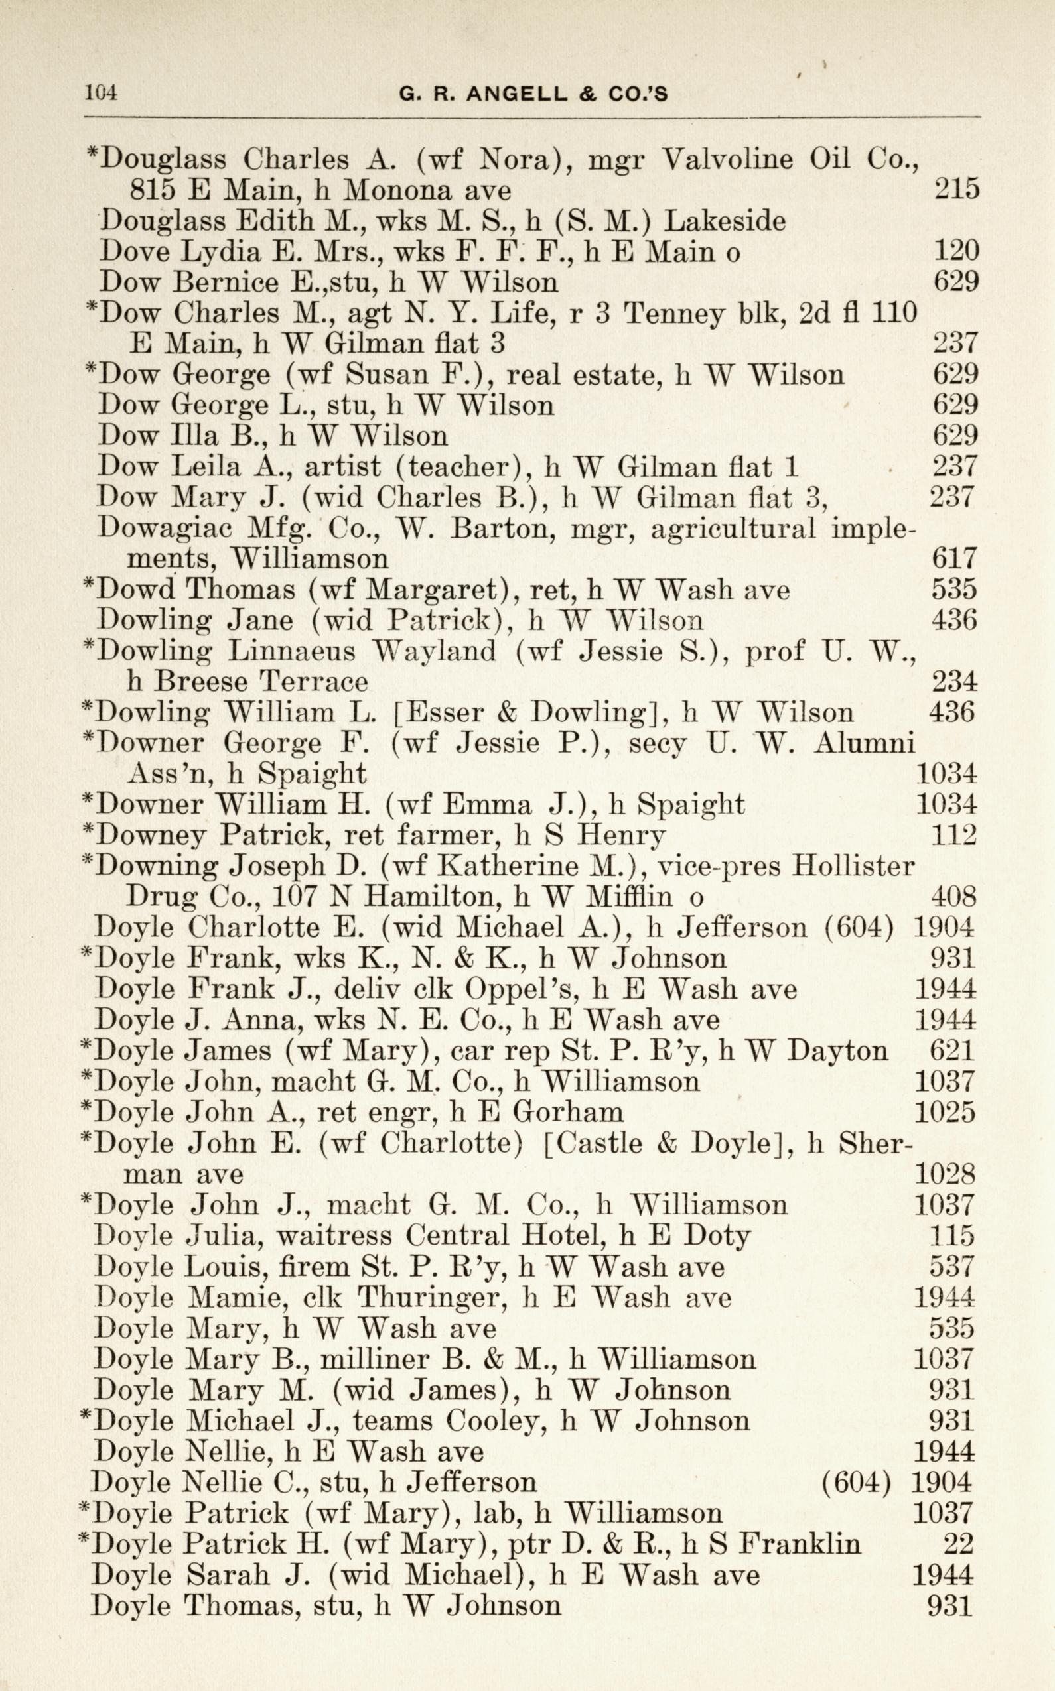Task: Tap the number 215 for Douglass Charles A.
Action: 956,190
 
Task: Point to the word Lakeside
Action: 725,221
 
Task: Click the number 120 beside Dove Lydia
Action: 956,251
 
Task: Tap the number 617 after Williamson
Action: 955,558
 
